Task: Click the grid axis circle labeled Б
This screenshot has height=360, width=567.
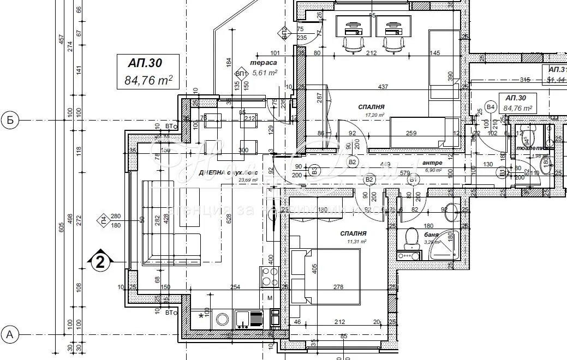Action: pos(9,119)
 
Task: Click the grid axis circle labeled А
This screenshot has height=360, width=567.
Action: pos(9,332)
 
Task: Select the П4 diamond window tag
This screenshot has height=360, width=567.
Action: pos(103,220)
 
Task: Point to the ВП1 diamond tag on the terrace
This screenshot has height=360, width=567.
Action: pos(240,73)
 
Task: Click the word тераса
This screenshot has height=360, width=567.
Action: pos(261,62)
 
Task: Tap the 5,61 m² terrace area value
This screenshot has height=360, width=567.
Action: pos(265,71)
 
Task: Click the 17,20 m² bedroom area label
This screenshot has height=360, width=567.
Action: pos(375,115)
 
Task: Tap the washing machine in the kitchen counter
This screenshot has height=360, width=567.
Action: pos(222,320)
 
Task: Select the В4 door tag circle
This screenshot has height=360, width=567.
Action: pos(491,107)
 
